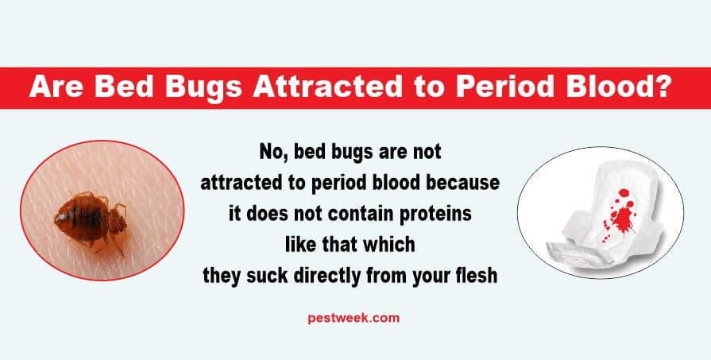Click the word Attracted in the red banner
[x=327, y=87]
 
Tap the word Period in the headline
[x=504, y=87]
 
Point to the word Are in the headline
[x=56, y=87]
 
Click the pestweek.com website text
[x=354, y=319]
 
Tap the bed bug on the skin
[x=91, y=220]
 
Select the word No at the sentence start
[x=272, y=153]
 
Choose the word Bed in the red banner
[x=124, y=87]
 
